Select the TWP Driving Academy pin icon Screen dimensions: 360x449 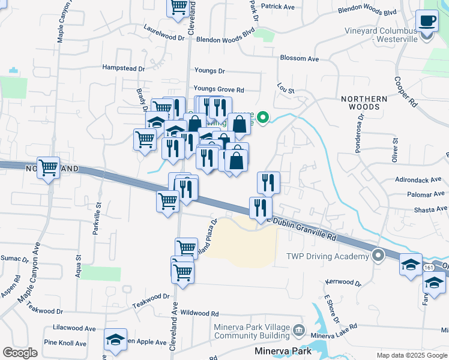pos(378,256)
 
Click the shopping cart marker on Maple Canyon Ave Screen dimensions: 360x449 pos(48,167)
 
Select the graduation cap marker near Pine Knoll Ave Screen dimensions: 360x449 pos(115,340)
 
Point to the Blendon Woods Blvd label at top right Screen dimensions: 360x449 pos(367,11)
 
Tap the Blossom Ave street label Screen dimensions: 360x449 pos(299,59)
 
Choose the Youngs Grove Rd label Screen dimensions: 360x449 pos(218,89)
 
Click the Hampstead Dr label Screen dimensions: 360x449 pos(124,68)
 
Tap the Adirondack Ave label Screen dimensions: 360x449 pos(418,179)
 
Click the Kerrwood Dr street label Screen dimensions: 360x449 pos(343,282)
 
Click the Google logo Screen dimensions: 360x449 pos(20,353)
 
